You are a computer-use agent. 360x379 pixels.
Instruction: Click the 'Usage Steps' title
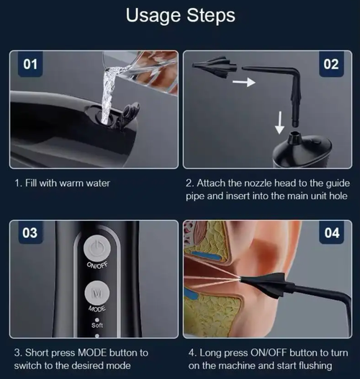[x=179, y=16]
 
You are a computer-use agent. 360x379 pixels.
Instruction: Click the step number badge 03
[x=30, y=234]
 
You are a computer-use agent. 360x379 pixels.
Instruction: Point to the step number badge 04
[x=330, y=234]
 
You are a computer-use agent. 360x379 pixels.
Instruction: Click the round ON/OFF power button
[x=98, y=249]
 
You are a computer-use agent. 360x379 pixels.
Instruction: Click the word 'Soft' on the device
[x=98, y=324]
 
